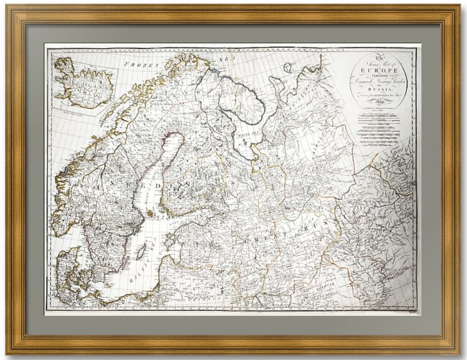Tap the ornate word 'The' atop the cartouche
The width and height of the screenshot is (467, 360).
(x=378, y=57)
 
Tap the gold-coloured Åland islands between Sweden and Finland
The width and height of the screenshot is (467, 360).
(x=150, y=213)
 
